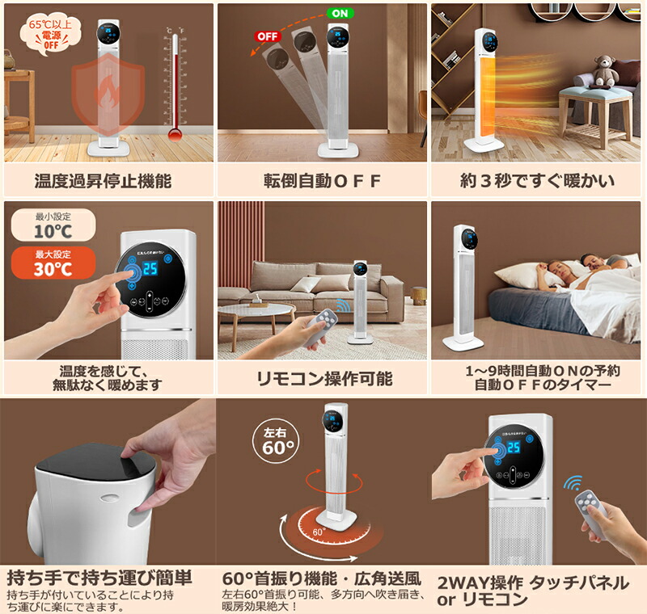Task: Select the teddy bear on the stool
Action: [x=605, y=72]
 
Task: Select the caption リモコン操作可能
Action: [x=323, y=377]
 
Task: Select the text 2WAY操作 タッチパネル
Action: [x=532, y=582]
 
